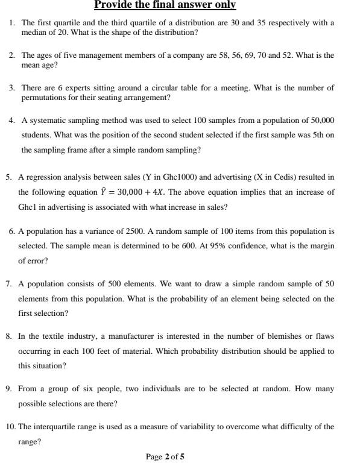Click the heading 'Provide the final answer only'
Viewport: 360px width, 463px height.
coord(165,5)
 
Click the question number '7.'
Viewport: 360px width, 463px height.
coord(10,283)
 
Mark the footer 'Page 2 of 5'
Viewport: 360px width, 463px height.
coord(165,456)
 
